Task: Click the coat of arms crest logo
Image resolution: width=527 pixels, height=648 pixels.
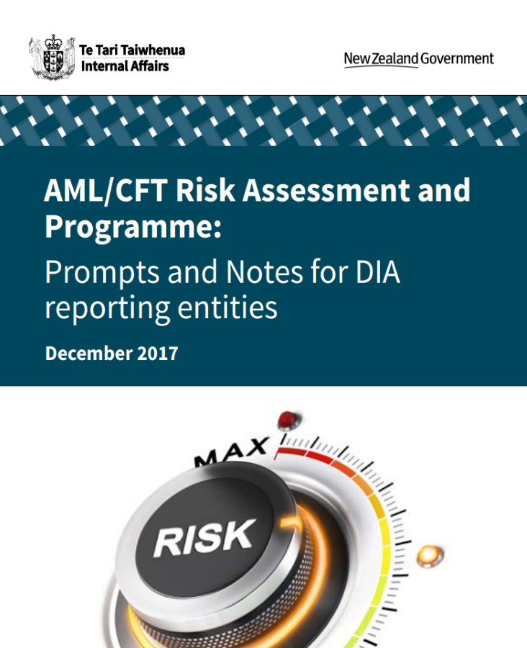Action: pos(52,57)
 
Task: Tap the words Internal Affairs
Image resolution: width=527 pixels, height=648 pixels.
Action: pos(125,66)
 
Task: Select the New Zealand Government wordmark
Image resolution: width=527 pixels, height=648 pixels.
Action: pos(419,59)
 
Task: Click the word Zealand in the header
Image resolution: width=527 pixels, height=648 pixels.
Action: pos(395,59)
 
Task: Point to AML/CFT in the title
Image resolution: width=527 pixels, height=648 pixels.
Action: pos(106,190)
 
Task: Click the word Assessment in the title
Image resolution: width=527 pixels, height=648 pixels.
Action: pos(326,190)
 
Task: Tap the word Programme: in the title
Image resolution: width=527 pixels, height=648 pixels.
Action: pos(133,228)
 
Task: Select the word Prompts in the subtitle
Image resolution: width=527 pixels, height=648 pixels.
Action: pos(102,273)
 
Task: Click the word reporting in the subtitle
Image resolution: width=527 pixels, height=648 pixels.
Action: pos(107,309)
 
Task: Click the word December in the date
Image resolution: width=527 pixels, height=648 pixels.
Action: pos(89,354)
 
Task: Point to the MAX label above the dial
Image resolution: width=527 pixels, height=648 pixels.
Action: pos(232,452)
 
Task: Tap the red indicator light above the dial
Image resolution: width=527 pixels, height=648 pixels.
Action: pos(288,420)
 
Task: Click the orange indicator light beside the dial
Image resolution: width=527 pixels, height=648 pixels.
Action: pos(429,556)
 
